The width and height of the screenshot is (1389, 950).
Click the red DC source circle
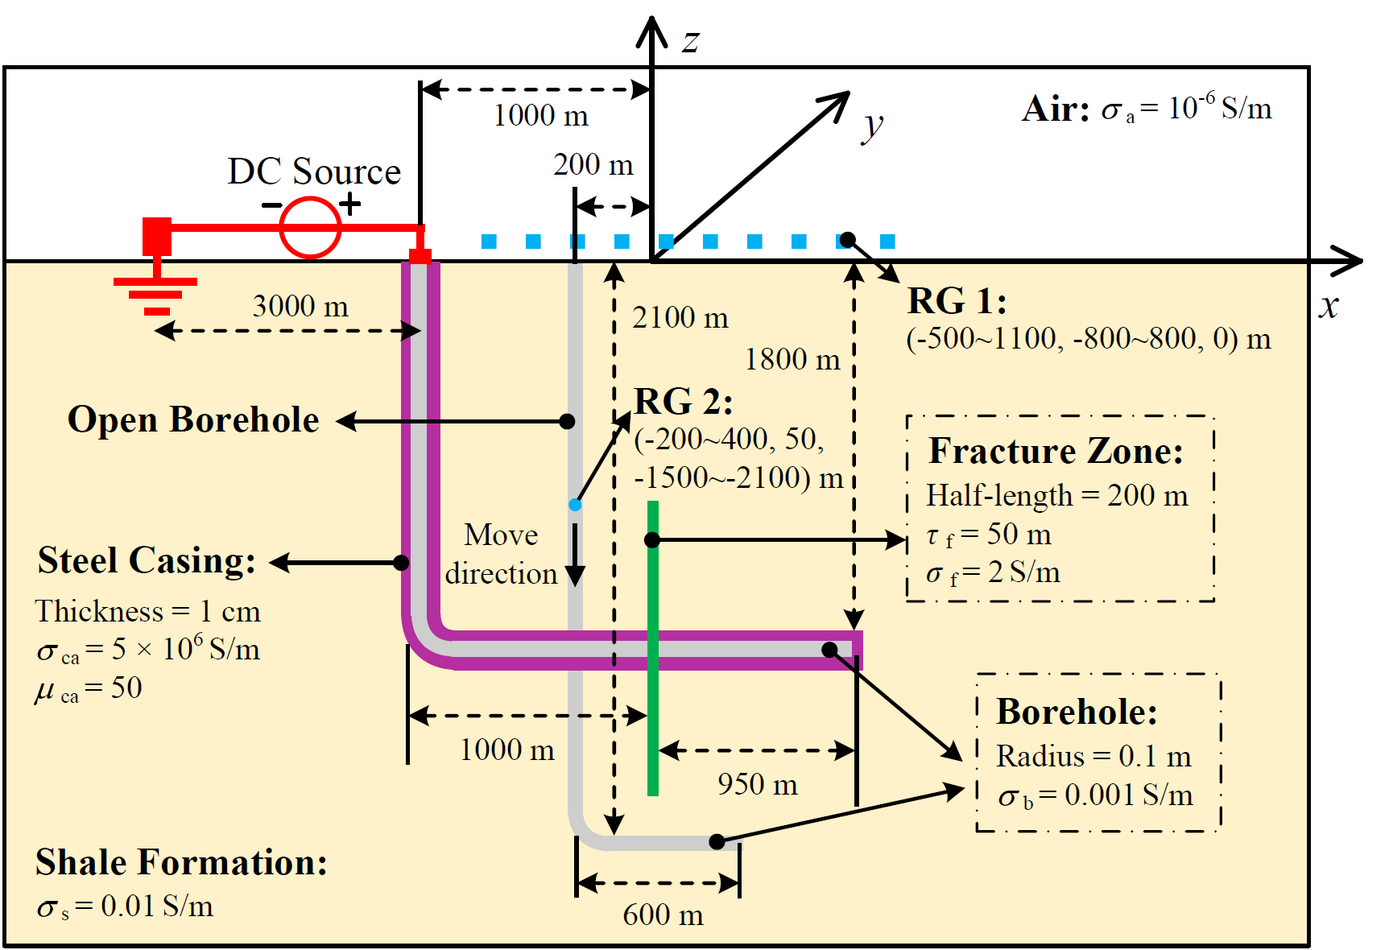[310, 228]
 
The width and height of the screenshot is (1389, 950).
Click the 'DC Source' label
[314, 171]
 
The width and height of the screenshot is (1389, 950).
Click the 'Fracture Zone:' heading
[1056, 451]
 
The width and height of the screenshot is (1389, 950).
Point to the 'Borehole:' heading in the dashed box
[1077, 712]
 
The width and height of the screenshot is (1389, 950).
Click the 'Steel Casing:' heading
[147, 560]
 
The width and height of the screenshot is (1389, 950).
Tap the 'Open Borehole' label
[193, 419]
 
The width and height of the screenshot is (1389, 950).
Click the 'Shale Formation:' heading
[181, 862]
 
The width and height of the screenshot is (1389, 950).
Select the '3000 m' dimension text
[300, 306]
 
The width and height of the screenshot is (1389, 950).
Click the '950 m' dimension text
[758, 784]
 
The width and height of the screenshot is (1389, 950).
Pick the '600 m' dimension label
[663, 915]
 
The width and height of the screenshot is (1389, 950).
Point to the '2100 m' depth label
[680, 317]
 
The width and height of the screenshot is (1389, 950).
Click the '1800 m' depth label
[792, 359]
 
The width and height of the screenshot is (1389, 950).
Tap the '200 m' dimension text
[593, 164]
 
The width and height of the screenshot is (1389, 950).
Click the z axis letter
[691, 41]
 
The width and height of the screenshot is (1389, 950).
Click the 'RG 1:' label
[957, 301]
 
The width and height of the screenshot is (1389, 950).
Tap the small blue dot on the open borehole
[575, 505]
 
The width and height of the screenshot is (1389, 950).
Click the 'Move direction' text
[501, 554]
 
